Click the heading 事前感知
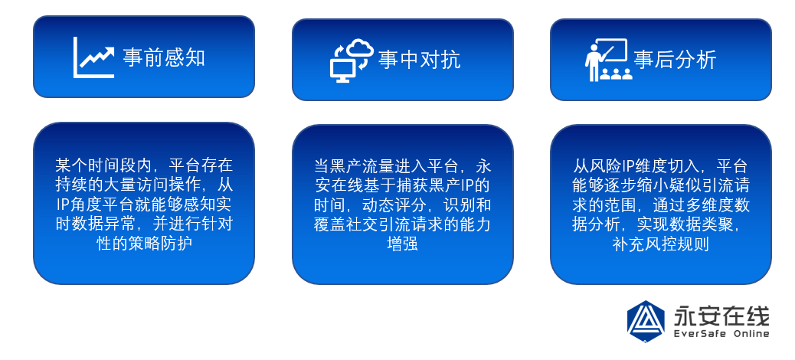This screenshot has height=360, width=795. [164, 57]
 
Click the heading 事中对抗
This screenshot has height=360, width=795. [419, 60]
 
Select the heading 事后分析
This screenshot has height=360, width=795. [675, 60]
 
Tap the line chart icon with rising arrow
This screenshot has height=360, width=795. [93, 57]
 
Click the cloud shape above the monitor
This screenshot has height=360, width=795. [359, 47]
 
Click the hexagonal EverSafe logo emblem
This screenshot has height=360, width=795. [646, 321]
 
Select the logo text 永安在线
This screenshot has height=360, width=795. [721, 316]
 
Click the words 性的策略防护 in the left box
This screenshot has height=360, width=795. [144, 244]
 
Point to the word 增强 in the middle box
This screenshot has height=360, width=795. [402, 244]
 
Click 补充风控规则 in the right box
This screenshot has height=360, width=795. [661, 244]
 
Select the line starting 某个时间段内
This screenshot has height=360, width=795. [144, 164]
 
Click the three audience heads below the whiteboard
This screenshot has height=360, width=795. [616, 74]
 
